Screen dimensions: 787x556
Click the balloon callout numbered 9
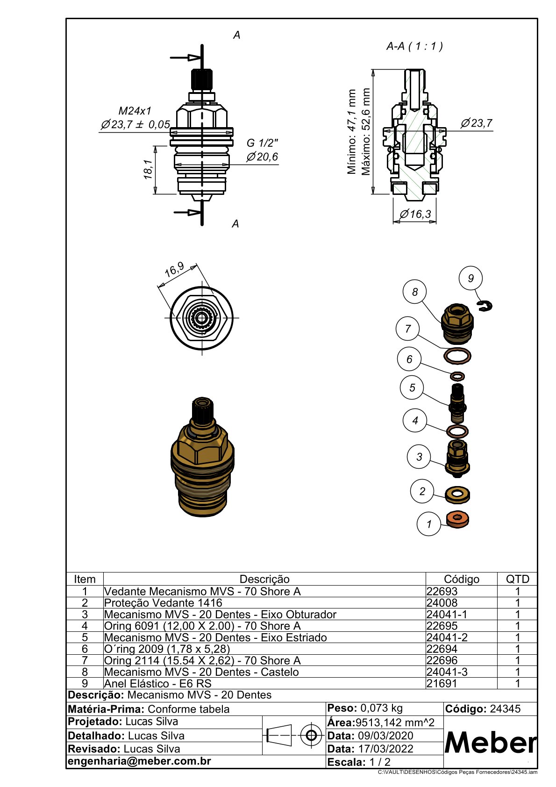coord(470,278)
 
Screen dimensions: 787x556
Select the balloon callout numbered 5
coord(412,388)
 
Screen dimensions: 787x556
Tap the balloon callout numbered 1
coord(428,524)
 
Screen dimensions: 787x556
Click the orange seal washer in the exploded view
coord(458,518)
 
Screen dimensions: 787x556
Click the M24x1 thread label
coord(135,111)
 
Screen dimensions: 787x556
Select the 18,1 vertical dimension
coord(148,170)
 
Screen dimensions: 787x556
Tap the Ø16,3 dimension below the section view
coord(415,214)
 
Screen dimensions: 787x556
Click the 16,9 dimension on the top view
coord(174,270)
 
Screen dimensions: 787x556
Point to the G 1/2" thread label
coord(262,143)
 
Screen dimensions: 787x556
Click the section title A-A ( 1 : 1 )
coord(414,46)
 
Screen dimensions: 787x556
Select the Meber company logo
coord(490,742)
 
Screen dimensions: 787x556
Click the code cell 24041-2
coord(447,637)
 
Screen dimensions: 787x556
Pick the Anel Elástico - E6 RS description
coord(157,683)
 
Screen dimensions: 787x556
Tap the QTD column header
coord(517,579)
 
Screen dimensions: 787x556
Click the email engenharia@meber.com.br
coord(139,761)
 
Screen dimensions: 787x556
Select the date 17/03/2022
coord(385,749)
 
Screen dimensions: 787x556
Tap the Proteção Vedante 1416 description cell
coord(163,603)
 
